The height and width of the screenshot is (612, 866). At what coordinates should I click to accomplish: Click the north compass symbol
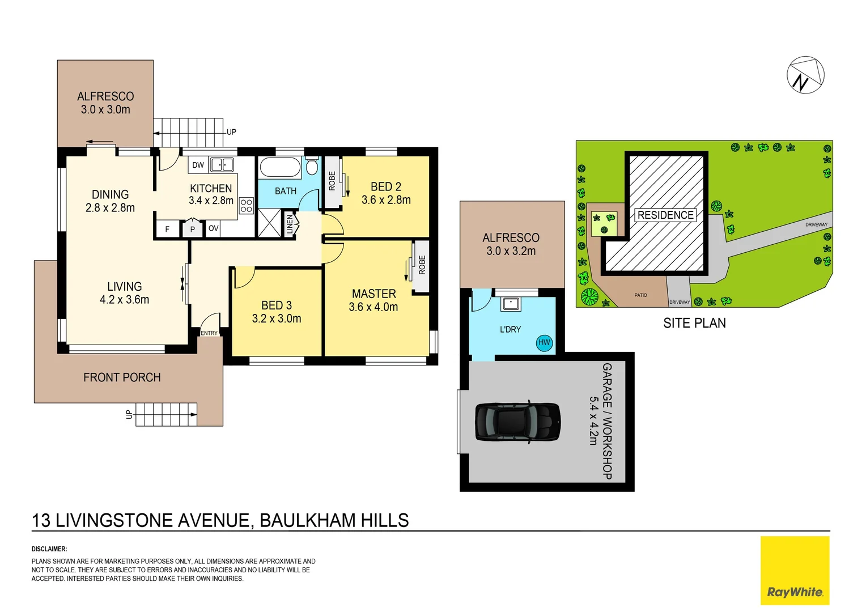(805, 75)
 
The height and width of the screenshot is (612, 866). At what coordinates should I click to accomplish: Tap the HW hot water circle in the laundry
(544, 342)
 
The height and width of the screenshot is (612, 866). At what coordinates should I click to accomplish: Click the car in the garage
(517, 422)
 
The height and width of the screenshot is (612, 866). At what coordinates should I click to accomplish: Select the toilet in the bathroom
(312, 166)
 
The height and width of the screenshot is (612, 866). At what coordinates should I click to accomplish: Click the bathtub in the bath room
(279, 168)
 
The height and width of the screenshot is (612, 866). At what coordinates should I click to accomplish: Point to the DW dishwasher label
(198, 165)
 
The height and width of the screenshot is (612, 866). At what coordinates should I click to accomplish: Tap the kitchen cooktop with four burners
(246, 205)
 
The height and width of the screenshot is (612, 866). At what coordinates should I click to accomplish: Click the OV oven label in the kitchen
(213, 228)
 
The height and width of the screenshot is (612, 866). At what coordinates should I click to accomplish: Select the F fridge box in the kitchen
(167, 229)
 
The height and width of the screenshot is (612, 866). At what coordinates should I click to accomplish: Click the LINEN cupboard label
(290, 224)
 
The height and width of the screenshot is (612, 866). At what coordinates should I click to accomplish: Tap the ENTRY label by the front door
(209, 333)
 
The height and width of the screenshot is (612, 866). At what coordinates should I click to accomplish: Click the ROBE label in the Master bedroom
(422, 265)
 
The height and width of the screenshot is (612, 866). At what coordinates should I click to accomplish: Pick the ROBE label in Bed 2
(332, 181)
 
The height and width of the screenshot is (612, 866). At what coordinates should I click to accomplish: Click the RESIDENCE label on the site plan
(665, 215)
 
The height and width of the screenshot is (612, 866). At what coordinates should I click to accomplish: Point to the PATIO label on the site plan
(640, 295)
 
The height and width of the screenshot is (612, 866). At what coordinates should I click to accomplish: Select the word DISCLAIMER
(49, 549)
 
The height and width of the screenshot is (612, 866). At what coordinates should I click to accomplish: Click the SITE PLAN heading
(694, 323)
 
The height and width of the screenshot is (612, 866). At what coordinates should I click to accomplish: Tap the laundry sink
(510, 304)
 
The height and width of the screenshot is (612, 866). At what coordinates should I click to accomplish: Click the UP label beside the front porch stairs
(129, 414)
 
